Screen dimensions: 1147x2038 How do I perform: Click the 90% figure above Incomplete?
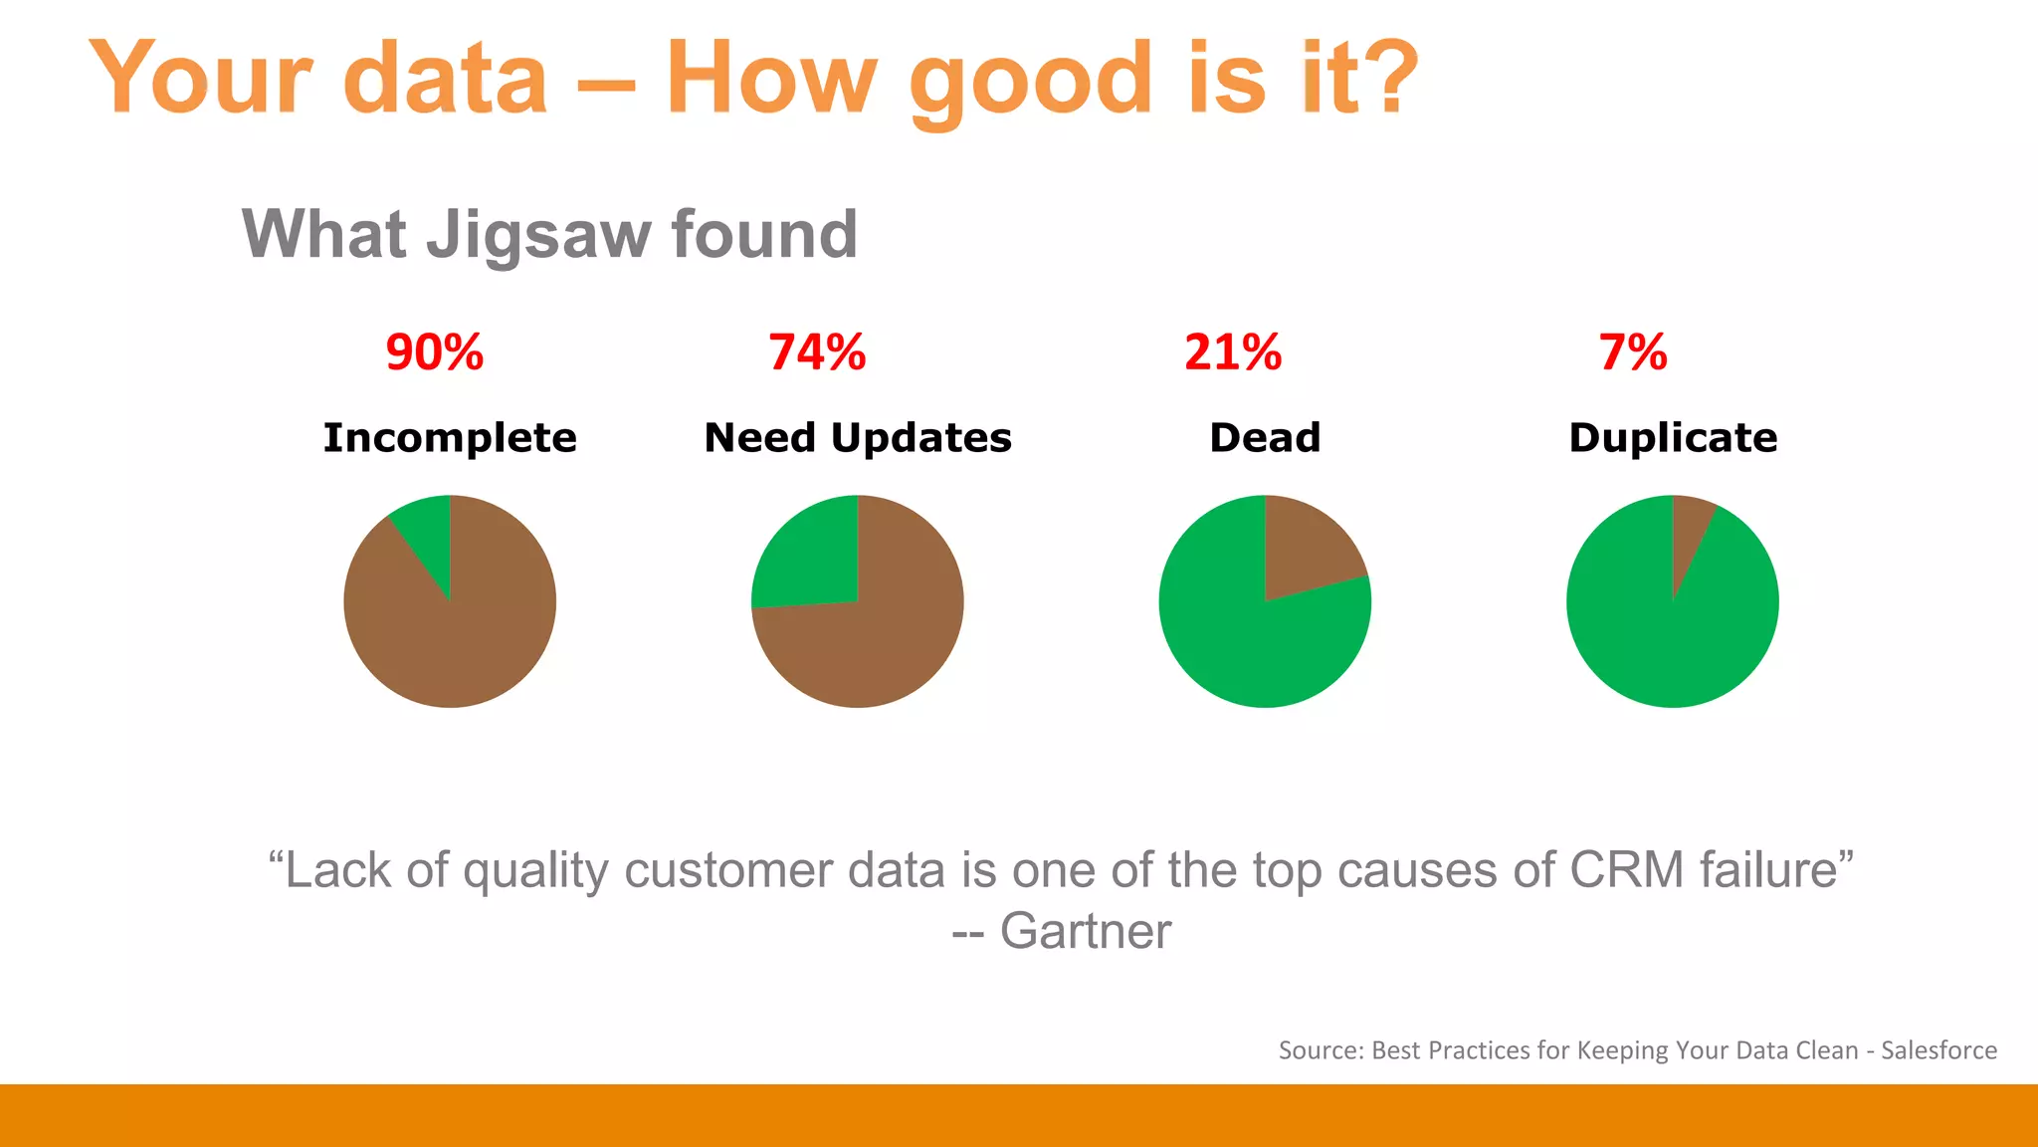pyautogui.click(x=435, y=352)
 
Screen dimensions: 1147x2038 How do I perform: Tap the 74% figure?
pyautogui.click(x=817, y=352)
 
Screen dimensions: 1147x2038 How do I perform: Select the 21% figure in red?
pyautogui.click(x=1233, y=352)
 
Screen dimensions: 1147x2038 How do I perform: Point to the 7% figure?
pyautogui.click(x=1633, y=352)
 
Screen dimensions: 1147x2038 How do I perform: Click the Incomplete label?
pyautogui.click(x=450, y=438)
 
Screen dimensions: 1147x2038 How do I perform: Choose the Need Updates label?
pyautogui.click(x=858, y=438)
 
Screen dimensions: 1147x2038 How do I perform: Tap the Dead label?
pyautogui.click(x=1265, y=438)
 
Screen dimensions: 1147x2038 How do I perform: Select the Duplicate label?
pyautogui.click(x=1673, y=438)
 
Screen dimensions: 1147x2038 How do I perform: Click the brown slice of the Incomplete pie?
pyautogui.click(x=458, y=637)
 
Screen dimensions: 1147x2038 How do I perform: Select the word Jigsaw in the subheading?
pyautogui.click(x=537, y=235)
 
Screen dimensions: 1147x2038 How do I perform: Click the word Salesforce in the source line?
pyautogui.click(x=1938, y=1050)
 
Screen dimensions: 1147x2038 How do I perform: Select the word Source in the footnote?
pyautogui.click(x=1321, y=1050)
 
